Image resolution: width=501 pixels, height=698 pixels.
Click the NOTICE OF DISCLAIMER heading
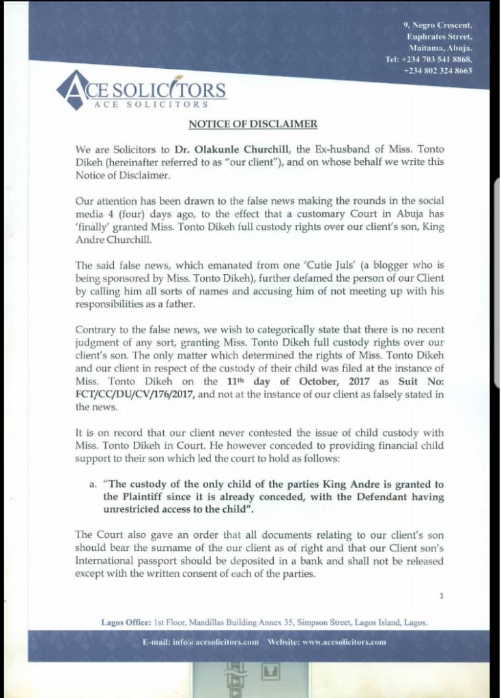click(253, 123)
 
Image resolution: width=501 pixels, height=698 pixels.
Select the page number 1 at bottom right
click(442, 596)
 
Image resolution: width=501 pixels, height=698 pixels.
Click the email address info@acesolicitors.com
click(212, 642)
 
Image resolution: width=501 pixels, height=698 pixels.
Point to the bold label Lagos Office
click(126, 622)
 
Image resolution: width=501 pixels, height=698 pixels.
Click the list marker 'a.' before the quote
click(93, 483)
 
